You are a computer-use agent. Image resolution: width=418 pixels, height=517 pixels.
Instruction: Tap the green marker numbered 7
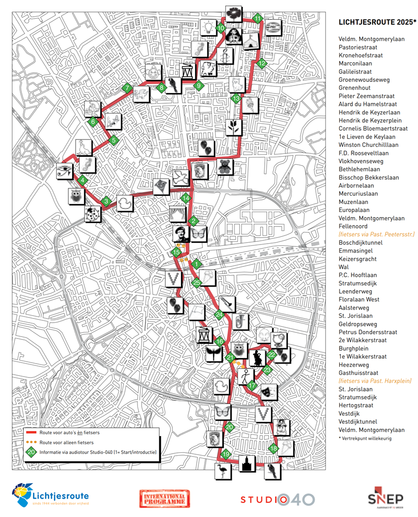point(126,88)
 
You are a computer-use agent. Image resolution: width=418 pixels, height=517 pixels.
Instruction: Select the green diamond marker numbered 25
point(196,282)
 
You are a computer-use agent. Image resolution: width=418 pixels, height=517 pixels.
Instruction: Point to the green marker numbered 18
point(274,449)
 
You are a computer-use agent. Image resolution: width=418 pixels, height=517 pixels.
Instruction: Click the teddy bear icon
point(225,167)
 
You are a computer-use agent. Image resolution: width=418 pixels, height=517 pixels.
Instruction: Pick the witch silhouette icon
point(257,358)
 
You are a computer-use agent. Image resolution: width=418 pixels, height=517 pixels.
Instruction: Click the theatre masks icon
point(266,391)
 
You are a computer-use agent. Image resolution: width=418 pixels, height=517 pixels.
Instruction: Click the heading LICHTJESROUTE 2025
point(378,22)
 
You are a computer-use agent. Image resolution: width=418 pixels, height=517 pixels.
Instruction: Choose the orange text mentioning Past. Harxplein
point(375,381)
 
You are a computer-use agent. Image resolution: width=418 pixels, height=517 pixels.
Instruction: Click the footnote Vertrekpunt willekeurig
point(365,438)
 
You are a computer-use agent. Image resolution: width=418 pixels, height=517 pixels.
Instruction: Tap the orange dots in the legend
point(32,442)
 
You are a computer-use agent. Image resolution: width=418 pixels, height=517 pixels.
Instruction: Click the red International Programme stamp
point(164,499)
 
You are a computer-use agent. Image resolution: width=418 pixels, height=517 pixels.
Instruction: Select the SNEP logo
point(385,498)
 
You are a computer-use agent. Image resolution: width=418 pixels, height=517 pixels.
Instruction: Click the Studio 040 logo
point(277,500)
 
